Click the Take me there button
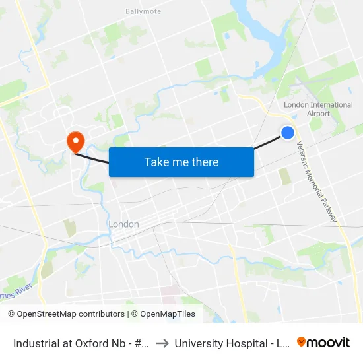pos(181,162)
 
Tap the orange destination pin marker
pos(75,141)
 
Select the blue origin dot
pos(288,133)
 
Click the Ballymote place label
pos(143,11)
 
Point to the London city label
pos(123,224)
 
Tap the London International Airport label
pos(318,109)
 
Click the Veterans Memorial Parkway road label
pos(317,181)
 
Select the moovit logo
pos(323,342)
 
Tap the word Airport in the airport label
pos(318,114)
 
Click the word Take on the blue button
pos(156,162)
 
